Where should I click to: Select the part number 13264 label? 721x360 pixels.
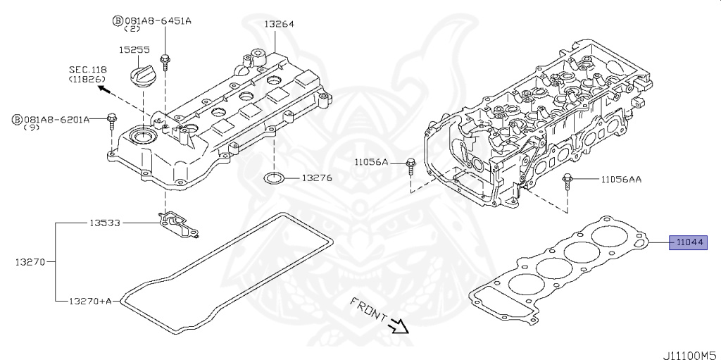pos(279,24)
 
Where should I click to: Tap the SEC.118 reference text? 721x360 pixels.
pos(87,70)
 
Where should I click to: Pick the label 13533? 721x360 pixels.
pos(104,223)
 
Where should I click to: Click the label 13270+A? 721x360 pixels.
pos(90,301)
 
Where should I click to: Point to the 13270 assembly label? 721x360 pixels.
pos(30,262)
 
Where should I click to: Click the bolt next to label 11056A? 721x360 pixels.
pos(410,167)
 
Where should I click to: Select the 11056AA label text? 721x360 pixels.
pos(620,180)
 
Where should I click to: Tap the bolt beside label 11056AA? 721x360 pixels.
pos(567,180)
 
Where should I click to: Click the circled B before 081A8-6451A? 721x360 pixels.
pos(117,20)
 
